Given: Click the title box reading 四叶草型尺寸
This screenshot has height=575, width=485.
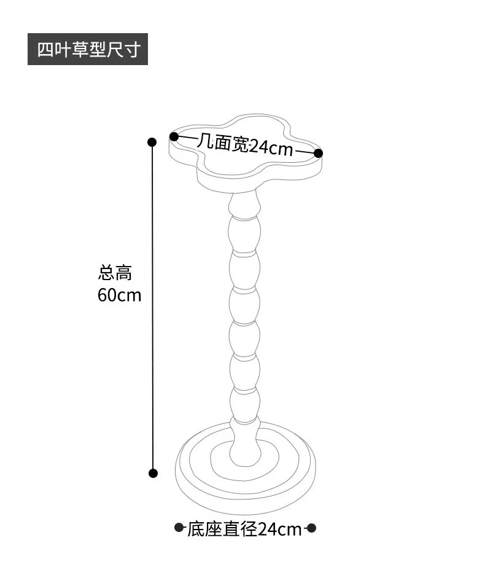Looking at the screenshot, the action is [x=88, y=49].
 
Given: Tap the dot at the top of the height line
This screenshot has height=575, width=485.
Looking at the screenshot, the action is [x=152, y=142].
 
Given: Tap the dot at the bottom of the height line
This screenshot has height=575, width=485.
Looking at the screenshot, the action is [x=153, y=472].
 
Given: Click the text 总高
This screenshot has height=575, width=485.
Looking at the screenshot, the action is [x=115, y=273].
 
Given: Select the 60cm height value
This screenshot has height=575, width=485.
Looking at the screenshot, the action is [x=119, y=295].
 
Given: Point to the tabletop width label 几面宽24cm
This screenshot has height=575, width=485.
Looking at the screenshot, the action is [x=246, y=145].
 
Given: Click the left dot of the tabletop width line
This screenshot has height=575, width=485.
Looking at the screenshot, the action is [x=174, y=136].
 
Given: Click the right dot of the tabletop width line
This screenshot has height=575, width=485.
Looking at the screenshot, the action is [x=318, y=152].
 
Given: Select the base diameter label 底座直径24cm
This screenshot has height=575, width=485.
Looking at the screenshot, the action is [x=244, y=529].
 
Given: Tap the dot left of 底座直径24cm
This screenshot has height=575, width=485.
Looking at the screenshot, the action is [x=179, y=527].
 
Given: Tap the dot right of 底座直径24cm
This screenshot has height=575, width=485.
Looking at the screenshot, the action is [x=311, y=527].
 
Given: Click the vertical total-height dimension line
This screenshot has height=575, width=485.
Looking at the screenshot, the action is [x=152, y=307].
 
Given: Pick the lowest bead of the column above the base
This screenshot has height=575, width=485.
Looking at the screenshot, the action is [x=244, y=405].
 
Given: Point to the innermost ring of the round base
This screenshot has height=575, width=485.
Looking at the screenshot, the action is [x=245, y=458].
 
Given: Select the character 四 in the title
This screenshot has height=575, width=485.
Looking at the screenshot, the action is [x=44, y=50].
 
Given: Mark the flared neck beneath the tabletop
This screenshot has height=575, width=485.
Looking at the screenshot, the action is [x=244, y=200].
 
